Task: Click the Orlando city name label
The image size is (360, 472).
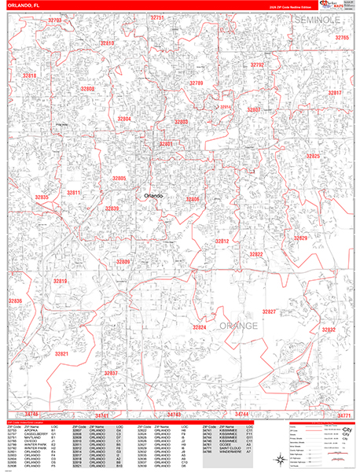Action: [154, 195]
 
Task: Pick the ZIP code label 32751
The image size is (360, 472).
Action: [157, 17]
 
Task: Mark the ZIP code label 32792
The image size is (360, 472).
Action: [257, 65]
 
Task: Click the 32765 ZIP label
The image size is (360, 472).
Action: [342, 38]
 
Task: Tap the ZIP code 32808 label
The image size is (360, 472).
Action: [86, 90]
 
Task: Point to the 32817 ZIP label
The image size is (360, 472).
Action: [336, 93]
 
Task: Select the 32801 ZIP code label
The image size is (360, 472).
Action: [166, 144]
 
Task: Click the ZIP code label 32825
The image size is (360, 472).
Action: [313, 157]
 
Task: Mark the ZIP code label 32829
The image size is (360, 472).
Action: [301, 238]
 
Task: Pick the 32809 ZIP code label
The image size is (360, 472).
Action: [123, 262]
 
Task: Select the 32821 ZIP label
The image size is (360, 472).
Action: [62, 354]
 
